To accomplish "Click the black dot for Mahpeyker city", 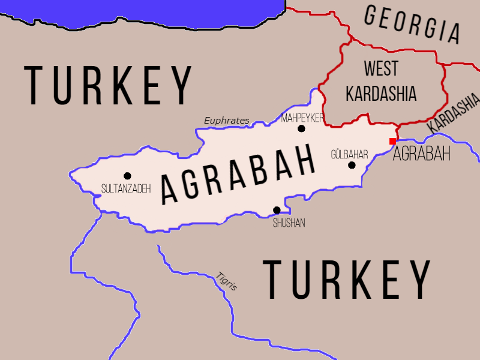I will pos(301,128).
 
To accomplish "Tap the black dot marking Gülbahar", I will pos(352,165).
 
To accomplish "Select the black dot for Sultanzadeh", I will pos(127,176).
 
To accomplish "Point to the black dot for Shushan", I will pos(277,210).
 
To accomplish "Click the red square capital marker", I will pos(392,141).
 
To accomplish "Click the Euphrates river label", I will pos(226,121).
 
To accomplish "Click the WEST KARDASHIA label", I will pos(382,81).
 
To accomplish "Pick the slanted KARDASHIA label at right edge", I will pos(454,113).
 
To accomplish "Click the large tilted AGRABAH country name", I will pos(239,173).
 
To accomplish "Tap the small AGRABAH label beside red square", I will pos(421,154).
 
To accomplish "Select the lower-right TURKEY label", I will pos(348,280).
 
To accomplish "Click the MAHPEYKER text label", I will pos(302,118).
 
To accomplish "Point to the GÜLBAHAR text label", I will pos(349,154).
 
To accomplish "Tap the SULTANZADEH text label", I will pos(126,188).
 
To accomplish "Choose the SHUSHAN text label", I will pos(289,223).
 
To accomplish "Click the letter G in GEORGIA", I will pos(373,14).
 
